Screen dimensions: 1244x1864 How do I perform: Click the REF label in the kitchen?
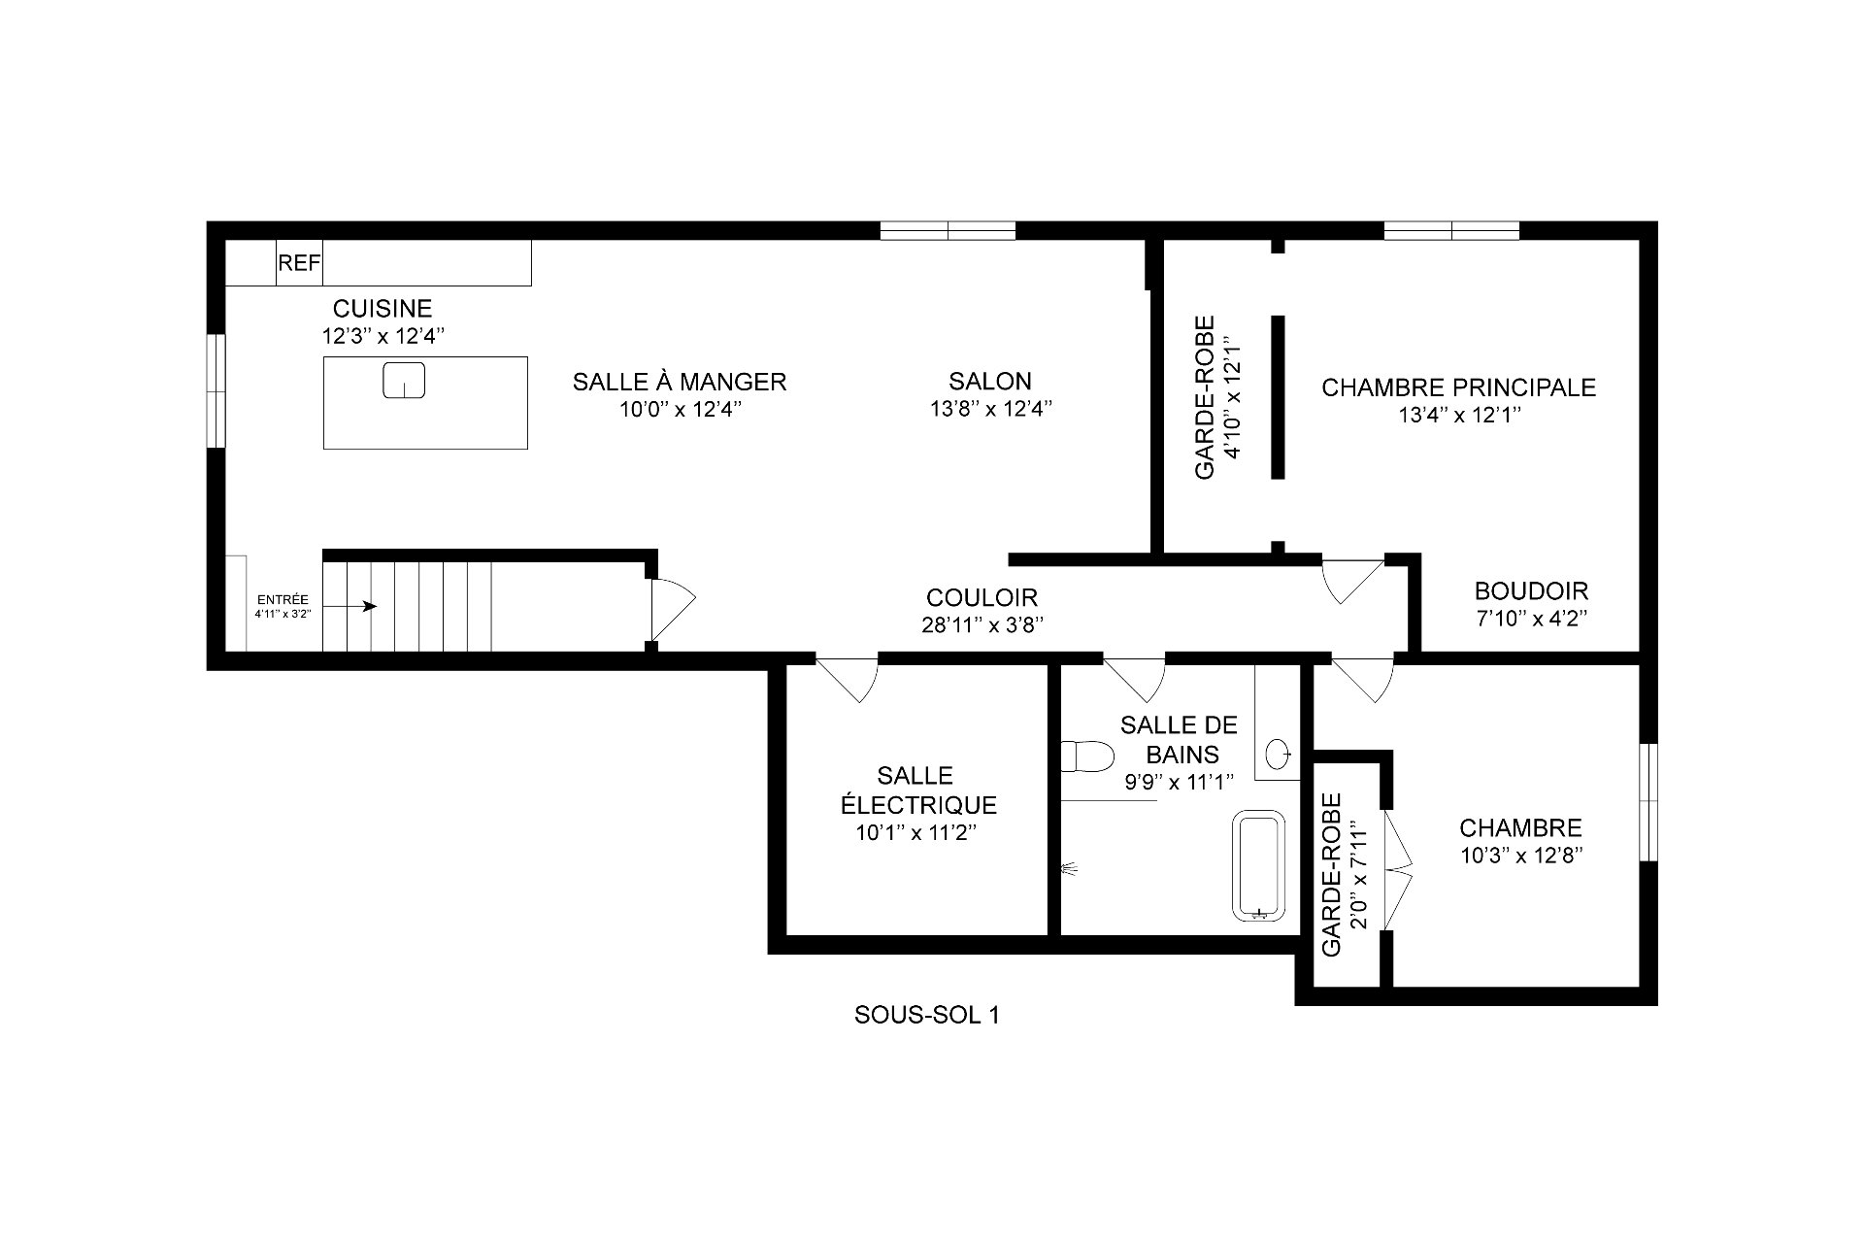(299, 263)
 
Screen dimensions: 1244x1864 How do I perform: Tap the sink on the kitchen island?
(404, 380)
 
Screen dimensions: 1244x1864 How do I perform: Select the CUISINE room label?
(383, 309)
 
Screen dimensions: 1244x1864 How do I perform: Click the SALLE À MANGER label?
(679, 382)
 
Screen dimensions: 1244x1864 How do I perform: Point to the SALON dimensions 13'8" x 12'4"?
(990, 410)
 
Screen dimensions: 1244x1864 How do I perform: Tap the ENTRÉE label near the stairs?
(283, 600)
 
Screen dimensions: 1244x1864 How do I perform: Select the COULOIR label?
(982, 597)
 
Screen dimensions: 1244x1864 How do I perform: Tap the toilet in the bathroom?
(1087, 756)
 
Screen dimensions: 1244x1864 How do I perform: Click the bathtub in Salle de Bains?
(1258, 867)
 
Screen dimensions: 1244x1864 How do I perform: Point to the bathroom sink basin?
(1280, 751)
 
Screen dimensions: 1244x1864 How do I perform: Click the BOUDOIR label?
(1531, 590)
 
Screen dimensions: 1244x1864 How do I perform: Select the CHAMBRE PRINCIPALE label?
(1458, 387)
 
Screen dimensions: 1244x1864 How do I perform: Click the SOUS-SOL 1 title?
(926, 1015)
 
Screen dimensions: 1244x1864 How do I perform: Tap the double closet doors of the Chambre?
(1398, 867)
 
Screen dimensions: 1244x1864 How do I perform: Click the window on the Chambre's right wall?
(1648, 802)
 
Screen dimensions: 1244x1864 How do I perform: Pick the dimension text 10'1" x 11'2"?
(915, 833)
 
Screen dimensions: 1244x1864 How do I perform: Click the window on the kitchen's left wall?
(216, 390)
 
